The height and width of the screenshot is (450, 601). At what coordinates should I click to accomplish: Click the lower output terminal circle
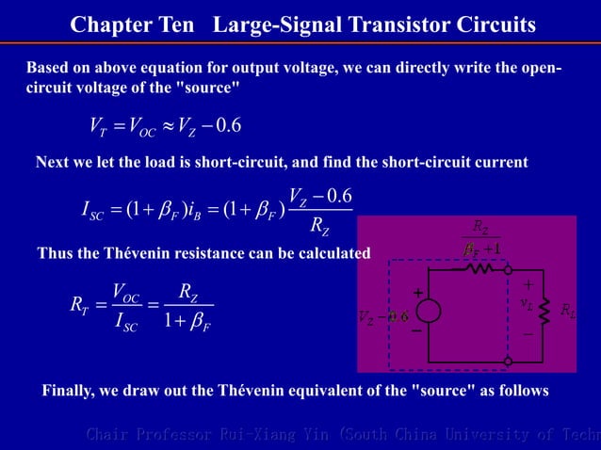(x=509, y=360)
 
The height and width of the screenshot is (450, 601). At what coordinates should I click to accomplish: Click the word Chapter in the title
(x=107, y=24)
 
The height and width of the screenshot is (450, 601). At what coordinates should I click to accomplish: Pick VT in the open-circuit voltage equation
(x=97, y=125)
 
